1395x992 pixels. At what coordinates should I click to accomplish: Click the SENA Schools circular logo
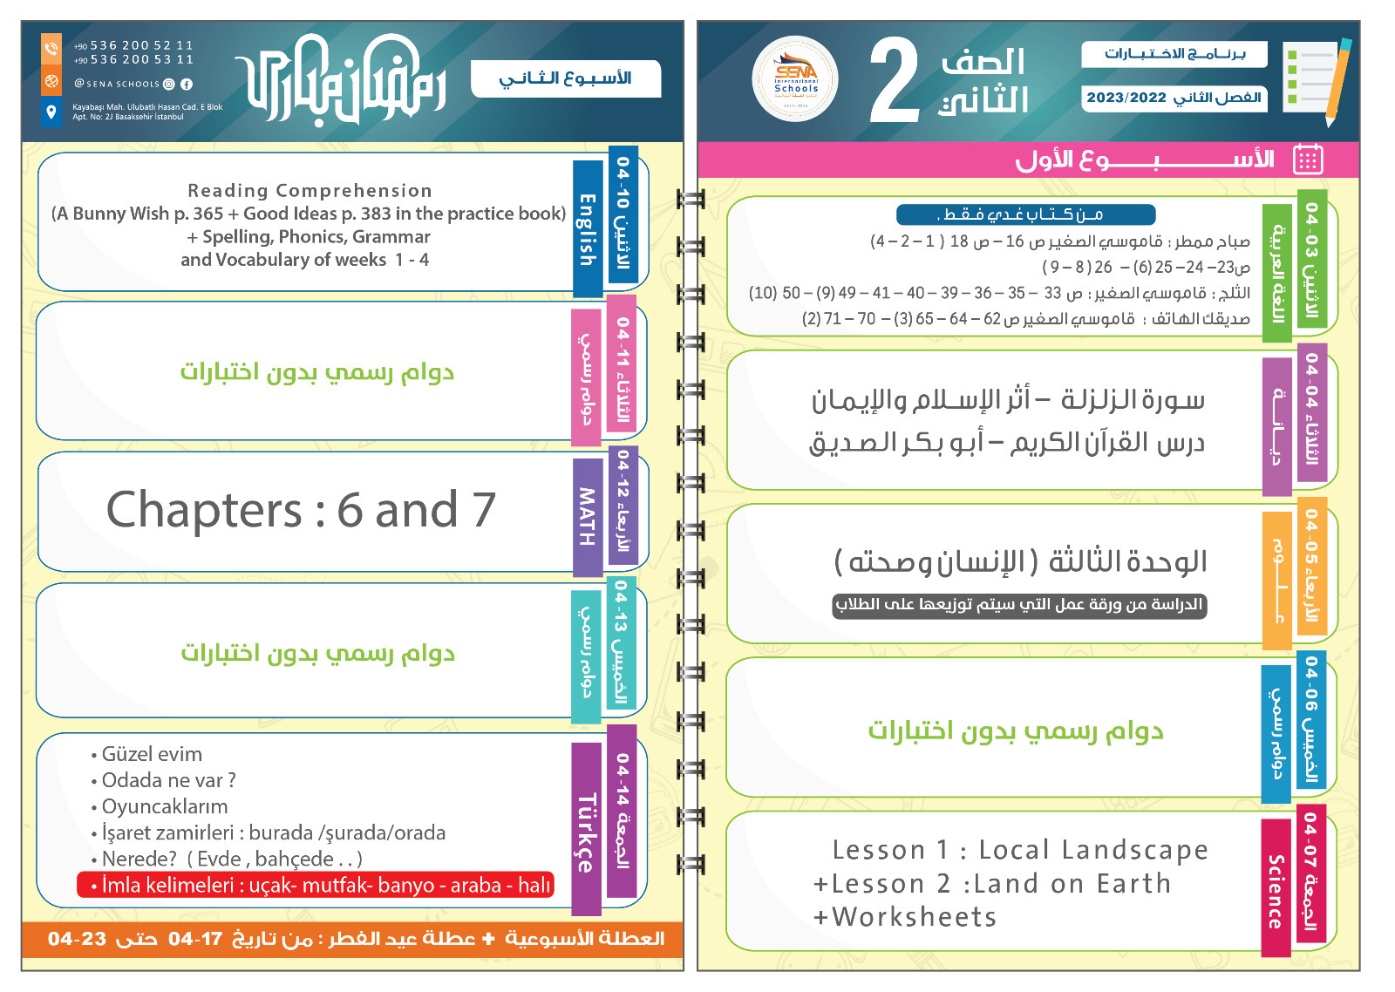click(795, 79)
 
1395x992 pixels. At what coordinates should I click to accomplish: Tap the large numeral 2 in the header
click(895, 80)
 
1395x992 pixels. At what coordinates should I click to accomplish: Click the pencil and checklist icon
click(1317, 79)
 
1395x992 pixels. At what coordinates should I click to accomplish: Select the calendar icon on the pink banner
click(1308, 160)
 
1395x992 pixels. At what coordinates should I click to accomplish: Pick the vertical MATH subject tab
click(588, 516)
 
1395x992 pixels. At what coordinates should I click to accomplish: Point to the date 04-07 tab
click(1310, 837)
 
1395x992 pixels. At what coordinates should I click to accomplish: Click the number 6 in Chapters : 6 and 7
click(350, 510)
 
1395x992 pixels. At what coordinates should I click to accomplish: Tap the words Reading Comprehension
click(310, 191)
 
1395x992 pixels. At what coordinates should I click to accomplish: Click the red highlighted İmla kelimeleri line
click(316, 886)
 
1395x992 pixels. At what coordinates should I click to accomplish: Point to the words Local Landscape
click(1093, 850)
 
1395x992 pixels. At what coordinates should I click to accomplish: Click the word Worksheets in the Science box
click(914, 917)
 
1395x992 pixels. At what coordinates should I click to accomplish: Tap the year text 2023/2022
click(1126, 98)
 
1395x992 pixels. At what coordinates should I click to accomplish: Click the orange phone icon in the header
click(51, 50)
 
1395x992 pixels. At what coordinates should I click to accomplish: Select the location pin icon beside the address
click(51, 112)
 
